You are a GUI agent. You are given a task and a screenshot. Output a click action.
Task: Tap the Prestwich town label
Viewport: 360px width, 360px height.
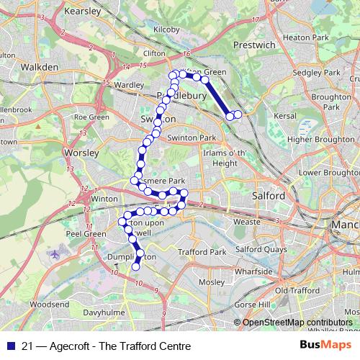(254, 45)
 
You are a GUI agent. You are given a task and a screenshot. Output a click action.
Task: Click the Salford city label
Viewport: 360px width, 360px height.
(269, 195)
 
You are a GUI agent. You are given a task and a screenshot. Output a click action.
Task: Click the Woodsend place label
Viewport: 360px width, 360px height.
(50, 305)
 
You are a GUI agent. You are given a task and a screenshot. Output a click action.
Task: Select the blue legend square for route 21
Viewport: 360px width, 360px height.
(10, 346)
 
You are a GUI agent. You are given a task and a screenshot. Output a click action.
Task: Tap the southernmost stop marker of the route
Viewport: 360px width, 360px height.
(135, 268)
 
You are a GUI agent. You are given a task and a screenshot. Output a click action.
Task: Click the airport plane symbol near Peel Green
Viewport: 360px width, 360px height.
(55, 255)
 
